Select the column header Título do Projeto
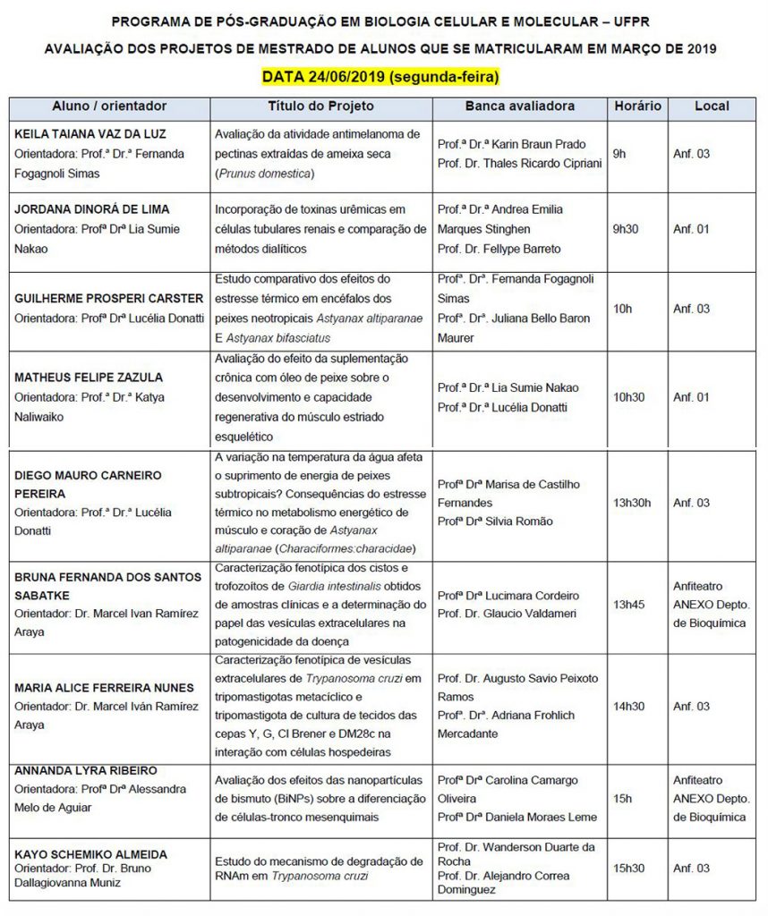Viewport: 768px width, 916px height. tap(321, 106)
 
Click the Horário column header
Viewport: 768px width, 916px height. tap(637, 106)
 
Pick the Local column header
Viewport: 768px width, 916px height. tap(712, 106)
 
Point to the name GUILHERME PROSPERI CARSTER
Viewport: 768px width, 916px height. tap(109, 298)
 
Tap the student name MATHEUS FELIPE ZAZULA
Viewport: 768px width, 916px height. tap(87, 377)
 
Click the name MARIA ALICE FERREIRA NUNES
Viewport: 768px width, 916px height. tap(104, 688)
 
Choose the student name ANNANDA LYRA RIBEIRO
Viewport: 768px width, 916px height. tap(86, 770)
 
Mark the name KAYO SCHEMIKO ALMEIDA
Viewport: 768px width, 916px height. tap(90, 853)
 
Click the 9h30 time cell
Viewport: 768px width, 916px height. tap(627, 229)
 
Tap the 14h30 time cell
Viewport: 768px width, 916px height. tap(628, 706)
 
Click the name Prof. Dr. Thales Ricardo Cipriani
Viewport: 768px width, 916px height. tap(519, 163)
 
